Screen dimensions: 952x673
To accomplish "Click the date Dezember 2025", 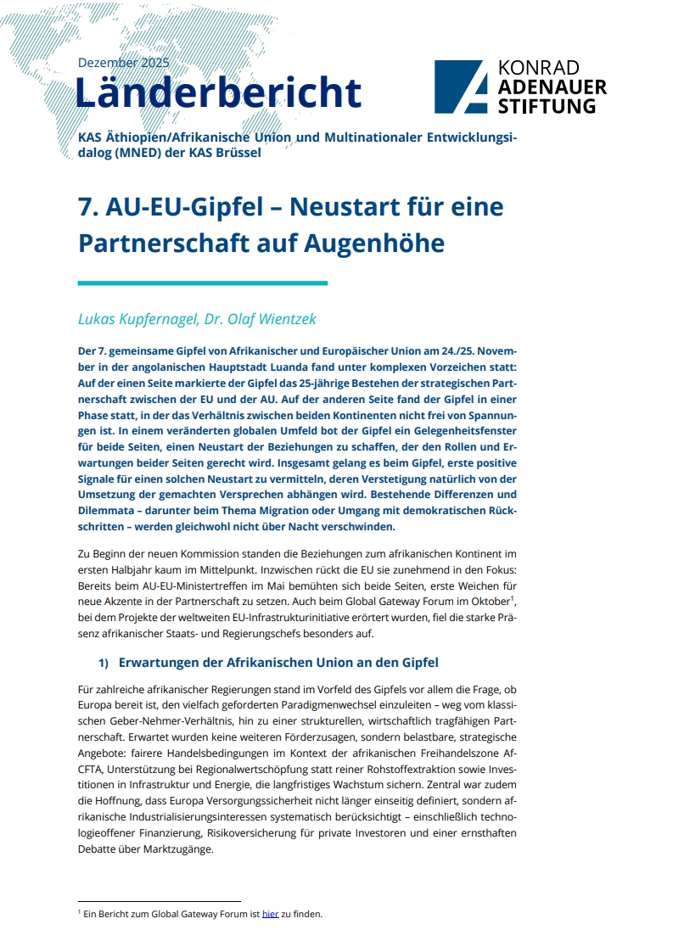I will pos(123,63).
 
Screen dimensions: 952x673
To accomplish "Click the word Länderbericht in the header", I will pos(218,92).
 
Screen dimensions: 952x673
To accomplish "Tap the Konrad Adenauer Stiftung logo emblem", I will pos(461,87).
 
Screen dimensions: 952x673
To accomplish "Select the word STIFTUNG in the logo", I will pos(546,106).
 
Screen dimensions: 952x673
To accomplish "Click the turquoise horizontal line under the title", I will pos(202,283).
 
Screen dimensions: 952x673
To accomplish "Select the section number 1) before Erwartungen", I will pos(104,663).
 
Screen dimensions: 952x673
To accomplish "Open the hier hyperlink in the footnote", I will pos(270,915).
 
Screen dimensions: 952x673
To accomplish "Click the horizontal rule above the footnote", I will pos(159,902).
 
